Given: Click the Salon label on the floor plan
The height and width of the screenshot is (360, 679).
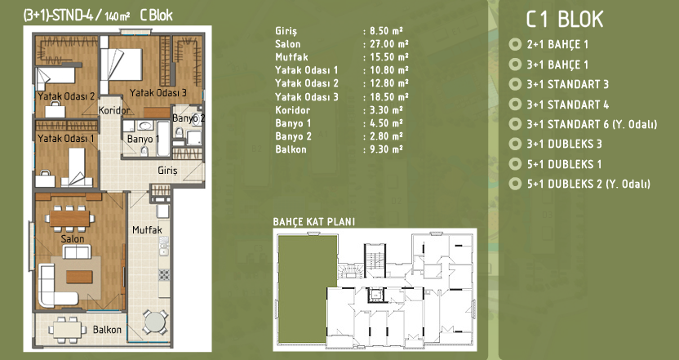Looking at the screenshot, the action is [73, 238].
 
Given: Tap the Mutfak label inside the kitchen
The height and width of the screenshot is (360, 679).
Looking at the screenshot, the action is [147, 229].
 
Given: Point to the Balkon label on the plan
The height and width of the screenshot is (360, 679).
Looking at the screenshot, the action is [107, 330].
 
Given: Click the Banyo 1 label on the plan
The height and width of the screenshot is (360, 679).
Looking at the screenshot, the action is [143, 139].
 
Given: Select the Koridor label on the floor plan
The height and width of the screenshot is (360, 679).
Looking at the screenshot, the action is [114, 110].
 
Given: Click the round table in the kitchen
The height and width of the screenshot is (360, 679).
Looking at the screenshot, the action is [155, 322].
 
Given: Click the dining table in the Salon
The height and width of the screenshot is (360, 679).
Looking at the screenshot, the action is [69, 218].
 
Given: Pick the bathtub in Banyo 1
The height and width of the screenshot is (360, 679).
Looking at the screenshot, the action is [164, 138].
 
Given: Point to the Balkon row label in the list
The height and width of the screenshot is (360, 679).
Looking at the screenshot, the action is [291, 149].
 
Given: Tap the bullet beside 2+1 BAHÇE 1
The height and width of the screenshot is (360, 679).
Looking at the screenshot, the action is [515, 44].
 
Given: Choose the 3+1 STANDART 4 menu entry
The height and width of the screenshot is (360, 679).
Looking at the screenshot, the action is [568, 104].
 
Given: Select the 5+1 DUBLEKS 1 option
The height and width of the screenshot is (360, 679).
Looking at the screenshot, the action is [564, 164].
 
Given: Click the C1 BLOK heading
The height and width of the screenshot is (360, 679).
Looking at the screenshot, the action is [564, 20].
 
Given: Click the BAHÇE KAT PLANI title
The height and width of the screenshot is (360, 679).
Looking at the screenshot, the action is [314, 222].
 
